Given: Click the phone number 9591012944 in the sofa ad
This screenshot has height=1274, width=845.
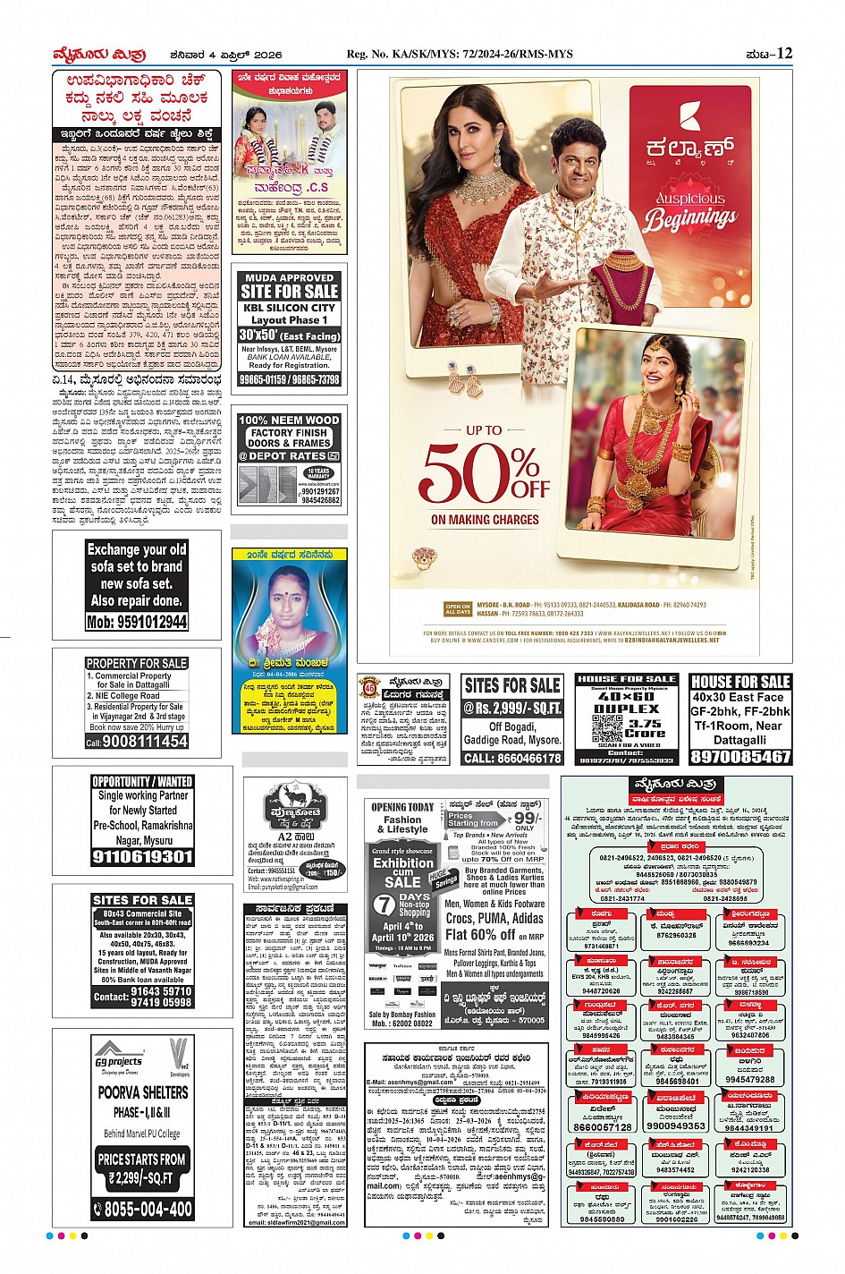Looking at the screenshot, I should point(137,622).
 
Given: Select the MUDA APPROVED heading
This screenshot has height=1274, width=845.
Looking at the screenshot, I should point(289,278).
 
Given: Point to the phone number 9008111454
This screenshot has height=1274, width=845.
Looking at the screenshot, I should point(137,742).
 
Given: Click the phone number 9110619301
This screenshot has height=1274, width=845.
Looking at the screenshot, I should point(143,856).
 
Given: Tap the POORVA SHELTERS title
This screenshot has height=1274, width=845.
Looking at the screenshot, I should point(143,1092).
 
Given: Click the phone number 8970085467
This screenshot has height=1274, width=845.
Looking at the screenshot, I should point(740,756).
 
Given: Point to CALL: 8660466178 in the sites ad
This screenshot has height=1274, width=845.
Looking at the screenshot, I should point(512,758).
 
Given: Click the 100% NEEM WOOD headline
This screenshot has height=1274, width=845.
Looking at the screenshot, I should point(289,420).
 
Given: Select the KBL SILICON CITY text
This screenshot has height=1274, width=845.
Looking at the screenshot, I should point(289,307).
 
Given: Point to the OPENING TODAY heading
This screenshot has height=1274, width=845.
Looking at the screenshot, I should point(401,807).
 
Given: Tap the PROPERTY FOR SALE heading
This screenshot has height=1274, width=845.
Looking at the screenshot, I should point(137,663).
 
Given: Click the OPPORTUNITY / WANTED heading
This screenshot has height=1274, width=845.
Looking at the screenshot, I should point(143,781).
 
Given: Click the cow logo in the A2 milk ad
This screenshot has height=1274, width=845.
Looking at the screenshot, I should point(289,794).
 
